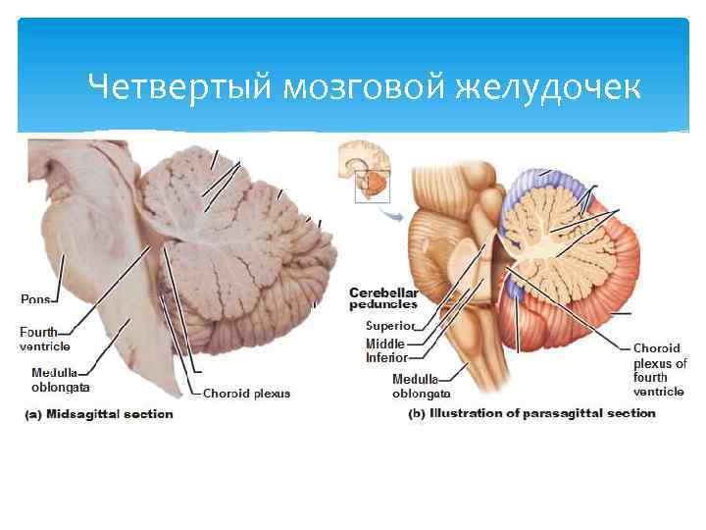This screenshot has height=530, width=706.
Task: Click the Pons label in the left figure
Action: [35, 297]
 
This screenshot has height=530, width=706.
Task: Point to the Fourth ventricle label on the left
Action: [39, 339]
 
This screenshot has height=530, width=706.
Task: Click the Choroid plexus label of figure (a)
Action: [246, 394]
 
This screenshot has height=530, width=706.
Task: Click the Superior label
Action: [390, 325]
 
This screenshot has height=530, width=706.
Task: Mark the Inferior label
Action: [386, 357]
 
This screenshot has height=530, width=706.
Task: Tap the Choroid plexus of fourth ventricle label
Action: [659, 370]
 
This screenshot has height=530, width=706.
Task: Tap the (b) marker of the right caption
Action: [417, 413]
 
